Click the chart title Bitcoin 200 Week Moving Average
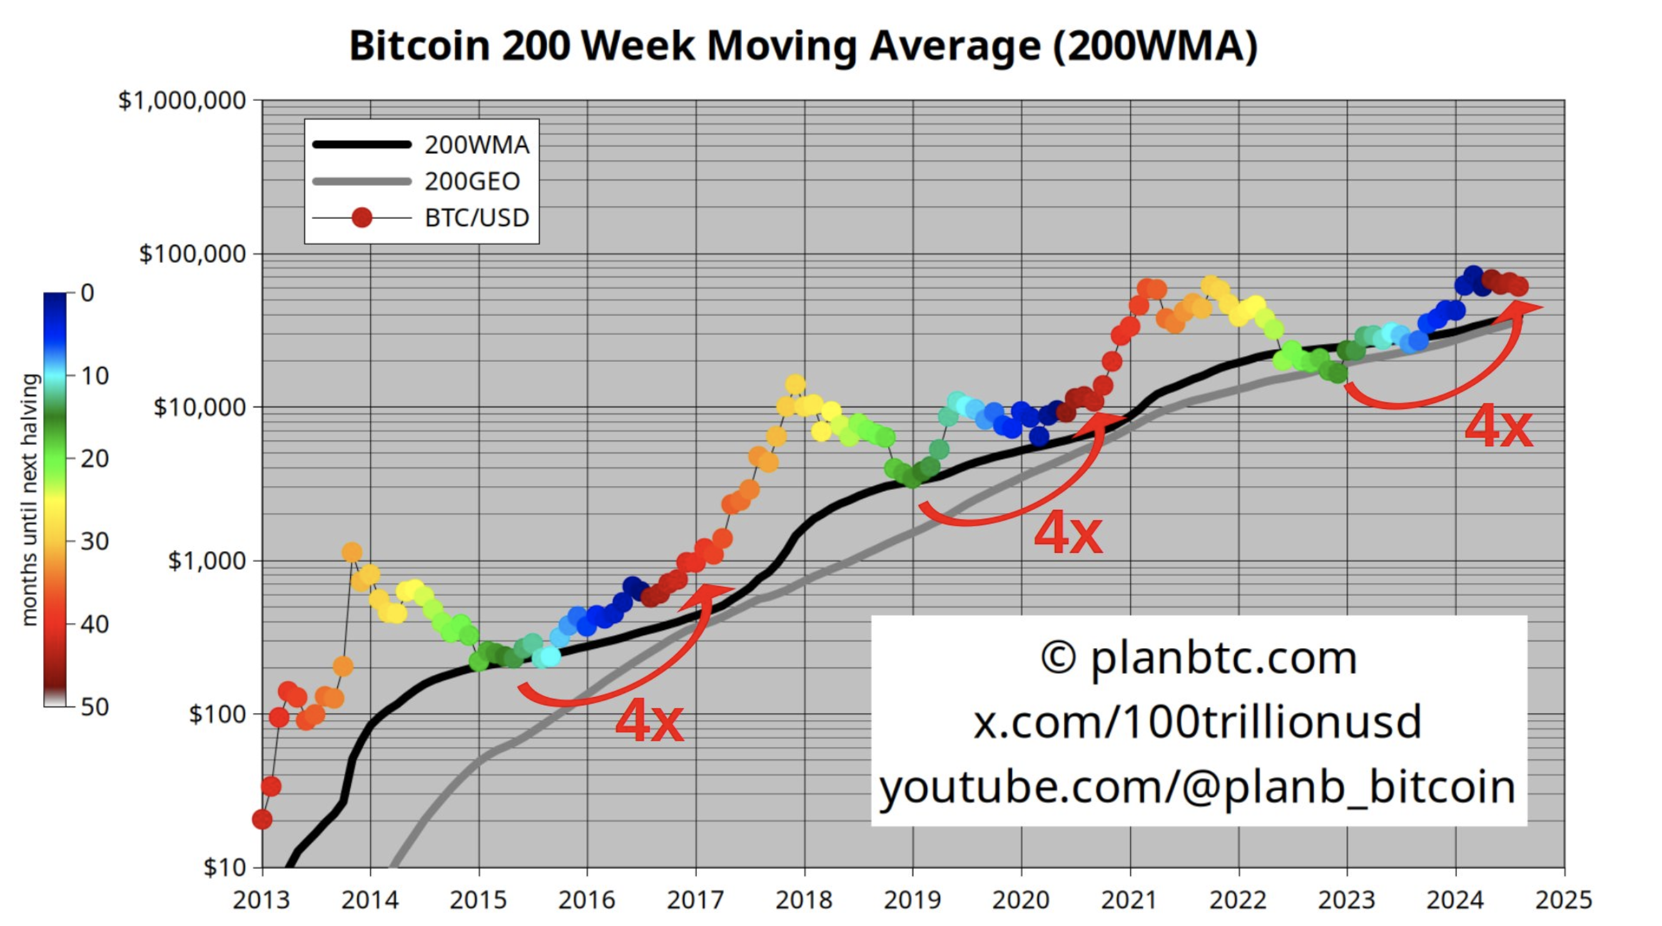(803, 46)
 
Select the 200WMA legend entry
(476, 145)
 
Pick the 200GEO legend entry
(472, 181)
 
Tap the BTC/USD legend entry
(476, 218)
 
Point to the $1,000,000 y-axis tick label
(182, 101)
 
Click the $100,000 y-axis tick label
(192, 254)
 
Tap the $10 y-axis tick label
(224, 867)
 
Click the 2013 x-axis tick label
(261, 900)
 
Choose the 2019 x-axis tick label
(912, 900)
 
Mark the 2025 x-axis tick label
(1563, 900)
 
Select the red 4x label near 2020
(1068, 533)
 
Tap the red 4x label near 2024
(1498, 427)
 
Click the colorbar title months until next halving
(29, 500)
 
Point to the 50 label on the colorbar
(94, 707)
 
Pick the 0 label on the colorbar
(88, 293)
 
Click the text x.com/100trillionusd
(1197, 721)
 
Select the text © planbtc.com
(1198, 658)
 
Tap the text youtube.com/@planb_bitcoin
(1197, 787)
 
